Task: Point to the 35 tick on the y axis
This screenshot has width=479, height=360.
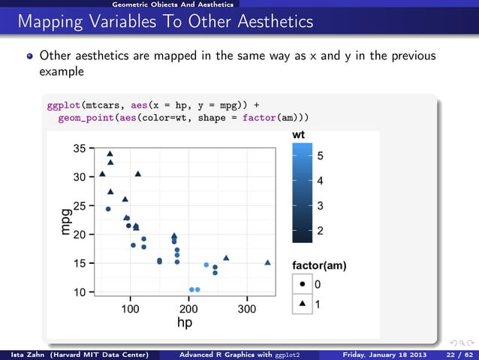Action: click(79, 149)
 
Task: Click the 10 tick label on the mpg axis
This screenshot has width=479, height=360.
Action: click(79, 292)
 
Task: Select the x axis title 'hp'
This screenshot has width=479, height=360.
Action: click(182, 322)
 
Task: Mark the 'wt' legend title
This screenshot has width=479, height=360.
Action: click(298, 135)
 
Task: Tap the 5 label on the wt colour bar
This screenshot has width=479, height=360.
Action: click(321, 156)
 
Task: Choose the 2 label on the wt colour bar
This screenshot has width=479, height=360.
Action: click(321, 233)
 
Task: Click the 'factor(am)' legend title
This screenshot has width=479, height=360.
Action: click(318, 266)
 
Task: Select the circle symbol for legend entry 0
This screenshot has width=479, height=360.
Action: click(301, 285)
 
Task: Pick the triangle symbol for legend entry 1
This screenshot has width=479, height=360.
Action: click(301, 304)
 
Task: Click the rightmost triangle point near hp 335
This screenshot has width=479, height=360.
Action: click(268, 262)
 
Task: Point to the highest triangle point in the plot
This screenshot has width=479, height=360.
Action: click(110, 153)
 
